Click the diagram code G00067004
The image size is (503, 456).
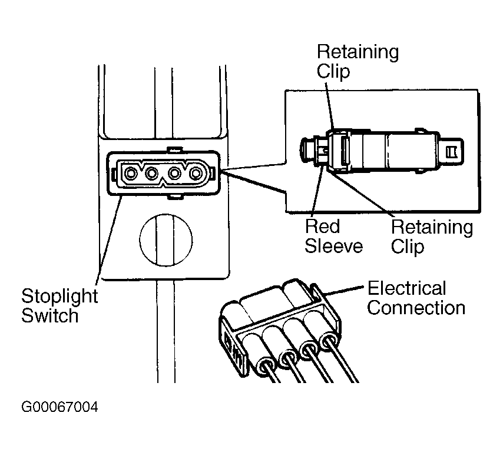pos(59,407)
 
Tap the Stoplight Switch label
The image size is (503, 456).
pos(59,305)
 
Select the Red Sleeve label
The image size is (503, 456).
pos(333,236)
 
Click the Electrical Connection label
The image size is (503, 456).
pos(416,298)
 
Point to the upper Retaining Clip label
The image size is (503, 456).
pos(358,61)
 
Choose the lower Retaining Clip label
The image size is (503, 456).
pos(432,237)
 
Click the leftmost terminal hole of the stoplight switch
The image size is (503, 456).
pos(131,174)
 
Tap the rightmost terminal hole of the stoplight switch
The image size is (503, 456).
pos(196,174)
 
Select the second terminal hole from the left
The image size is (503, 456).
pos(152,174)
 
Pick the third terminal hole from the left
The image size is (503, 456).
pos(174,174)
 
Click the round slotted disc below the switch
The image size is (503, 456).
pos(166,240)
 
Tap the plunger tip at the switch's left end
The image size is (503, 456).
pos(307,149)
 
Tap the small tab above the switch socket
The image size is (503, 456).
pos(175,149)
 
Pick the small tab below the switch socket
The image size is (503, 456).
pos(175,197)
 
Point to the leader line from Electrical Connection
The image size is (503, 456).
pos(344,290)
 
